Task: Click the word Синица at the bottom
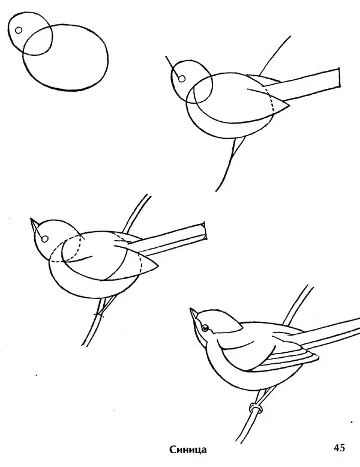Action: (x=188, y=449)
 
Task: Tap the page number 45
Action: (x=339, y=448)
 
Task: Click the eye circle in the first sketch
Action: (x=19, y=30)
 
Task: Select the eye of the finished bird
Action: (x=205, y=328)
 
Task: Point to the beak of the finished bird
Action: (x=194, y=313)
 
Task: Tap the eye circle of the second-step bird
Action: (x=182, y=79)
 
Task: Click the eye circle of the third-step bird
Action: (x=44, y=239)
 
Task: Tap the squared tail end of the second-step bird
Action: (x=339, y=78)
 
